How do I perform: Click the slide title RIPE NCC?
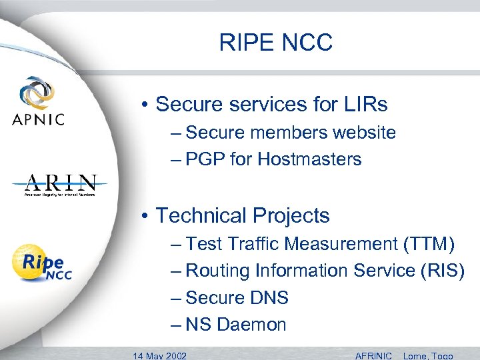[275, 43]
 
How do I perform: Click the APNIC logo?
[38, 101]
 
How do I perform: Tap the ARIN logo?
[60, 185]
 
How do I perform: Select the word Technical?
[201, 215]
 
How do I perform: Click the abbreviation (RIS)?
[443, 271]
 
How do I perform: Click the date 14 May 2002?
[159, 355]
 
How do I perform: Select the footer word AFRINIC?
[374, 355]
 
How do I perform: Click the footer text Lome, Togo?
[428, 355]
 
